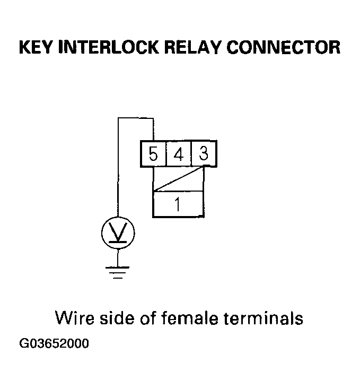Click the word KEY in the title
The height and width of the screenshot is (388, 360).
pyautogui.click(x=38, y=47)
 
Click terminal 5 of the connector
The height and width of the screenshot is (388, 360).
pyautogui.click(x=153, y=154)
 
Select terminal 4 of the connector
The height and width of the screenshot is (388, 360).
pyautogui.click(x=178, y=154)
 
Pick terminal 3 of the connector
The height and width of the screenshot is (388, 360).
pyautogui.click(x=203, y=154)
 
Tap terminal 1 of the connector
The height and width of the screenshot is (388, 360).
pyautogui.click(x=178, y=204)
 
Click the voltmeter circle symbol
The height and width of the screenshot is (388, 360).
pyautogui.click(x=118, y=231)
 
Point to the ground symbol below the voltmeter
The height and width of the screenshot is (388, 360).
pyautogui.click(x=118, y=271)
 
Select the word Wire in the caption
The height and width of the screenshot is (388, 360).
pyautogui.click(x=74, y=318)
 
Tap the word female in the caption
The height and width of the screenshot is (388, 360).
pyautogui.click(x=192, y=318)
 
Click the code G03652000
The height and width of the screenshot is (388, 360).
pyautogui.click(x=54, y=343)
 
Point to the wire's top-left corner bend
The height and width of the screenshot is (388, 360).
pyautogui.click(x=118, y=118)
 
